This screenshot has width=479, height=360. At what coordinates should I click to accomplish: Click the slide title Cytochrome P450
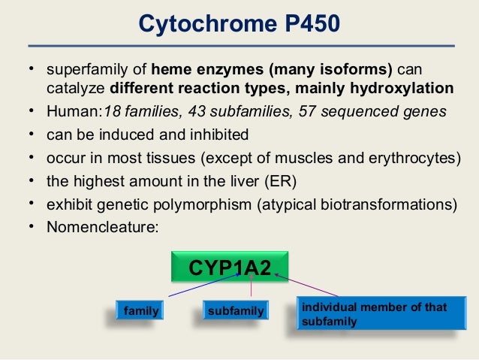pos(239,26)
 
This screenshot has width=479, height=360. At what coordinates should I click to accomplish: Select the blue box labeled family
pos(141,309)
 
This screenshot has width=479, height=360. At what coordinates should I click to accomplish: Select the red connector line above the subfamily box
pos(250,290)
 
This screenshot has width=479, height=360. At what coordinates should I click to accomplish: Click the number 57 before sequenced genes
pos(328,112)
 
